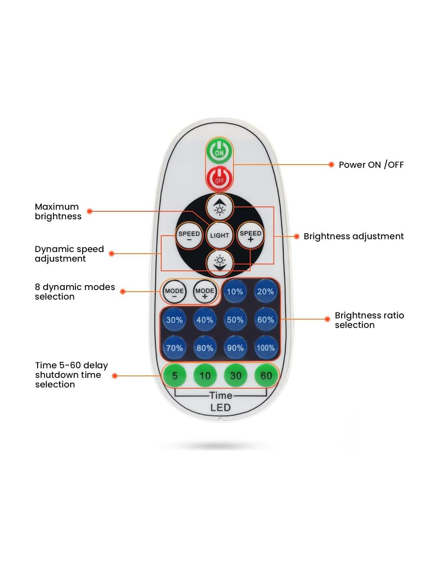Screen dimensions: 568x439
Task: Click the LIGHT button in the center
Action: (x=219, y=235)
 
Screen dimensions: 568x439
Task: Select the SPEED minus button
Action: (x=189, y=236)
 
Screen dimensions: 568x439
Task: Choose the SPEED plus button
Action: (x=250, y=236)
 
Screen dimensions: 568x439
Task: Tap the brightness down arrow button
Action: (x=219, y=262)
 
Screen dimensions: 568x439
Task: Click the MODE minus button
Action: (x=174, y=292)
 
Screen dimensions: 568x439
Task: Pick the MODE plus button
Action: (x=205, y=292)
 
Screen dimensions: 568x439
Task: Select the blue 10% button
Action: (x=235, y=292)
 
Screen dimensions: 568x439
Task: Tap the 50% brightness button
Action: (x=235, y=320)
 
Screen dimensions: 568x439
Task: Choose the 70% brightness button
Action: (x=174, y=348)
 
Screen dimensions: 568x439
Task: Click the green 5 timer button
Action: (x=174, y=375)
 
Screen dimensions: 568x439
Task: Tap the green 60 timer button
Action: (x=266, y=375)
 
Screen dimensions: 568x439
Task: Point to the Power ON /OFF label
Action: (x=371, y=165)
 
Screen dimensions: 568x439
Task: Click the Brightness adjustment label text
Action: (x=353, y=236)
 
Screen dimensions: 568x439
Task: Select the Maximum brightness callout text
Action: (x=58, y=211)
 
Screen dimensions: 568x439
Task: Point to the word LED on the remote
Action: (x=220, y=407)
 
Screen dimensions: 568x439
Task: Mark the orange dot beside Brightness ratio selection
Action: (x=327, y=319)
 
